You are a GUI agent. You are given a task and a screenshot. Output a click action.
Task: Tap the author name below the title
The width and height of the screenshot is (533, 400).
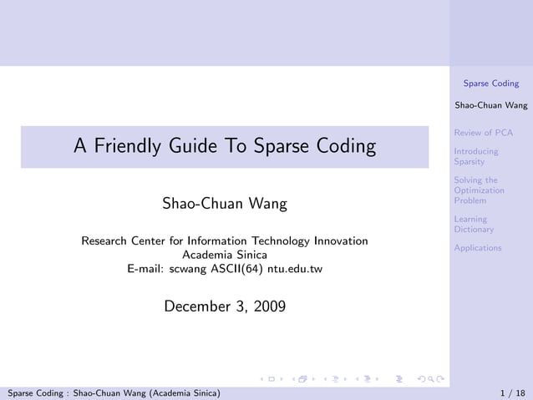coord(224,205)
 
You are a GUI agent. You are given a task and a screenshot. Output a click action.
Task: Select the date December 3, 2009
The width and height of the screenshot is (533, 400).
coord(224,306)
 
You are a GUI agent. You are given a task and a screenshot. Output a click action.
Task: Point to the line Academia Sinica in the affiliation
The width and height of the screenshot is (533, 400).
coord(225,255)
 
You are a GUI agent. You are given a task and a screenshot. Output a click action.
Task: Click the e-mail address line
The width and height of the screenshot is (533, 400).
coord(224,269)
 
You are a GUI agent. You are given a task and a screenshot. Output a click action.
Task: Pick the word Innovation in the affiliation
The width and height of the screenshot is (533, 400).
coord(340,241)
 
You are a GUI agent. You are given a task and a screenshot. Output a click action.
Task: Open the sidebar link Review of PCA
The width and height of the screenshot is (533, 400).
coord(483,133)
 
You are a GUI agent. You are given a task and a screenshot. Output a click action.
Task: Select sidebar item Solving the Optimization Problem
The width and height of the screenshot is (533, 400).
coord(479,190)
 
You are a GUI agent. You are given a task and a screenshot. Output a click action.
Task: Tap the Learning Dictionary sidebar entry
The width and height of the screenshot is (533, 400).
coord(474,224)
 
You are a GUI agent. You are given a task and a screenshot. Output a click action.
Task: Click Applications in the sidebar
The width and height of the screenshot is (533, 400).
coord(478,248)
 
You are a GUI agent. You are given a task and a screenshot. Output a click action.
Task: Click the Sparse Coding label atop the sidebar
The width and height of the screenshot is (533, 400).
coord(491,84)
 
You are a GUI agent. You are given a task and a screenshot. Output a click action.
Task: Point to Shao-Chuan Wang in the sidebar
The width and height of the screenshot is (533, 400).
coord(491,106)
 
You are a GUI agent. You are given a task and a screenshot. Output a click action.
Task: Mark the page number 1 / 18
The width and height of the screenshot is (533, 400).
coord(512,392)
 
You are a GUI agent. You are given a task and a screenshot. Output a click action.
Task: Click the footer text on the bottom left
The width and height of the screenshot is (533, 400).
coord(114,392)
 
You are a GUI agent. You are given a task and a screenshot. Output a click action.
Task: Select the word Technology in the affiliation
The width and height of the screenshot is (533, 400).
coord(274,241)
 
